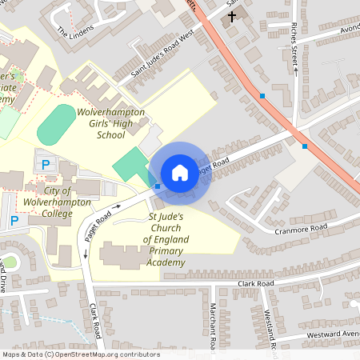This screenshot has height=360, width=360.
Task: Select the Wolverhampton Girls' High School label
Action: (x=110, y=125)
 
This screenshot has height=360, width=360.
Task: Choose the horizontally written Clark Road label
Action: (x=255, y=283)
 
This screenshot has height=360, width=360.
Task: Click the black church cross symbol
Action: (x=233, y=16)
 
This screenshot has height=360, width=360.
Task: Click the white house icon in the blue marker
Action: (x=179, y=173)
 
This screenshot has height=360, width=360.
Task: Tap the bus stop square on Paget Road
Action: (x=157, y=187)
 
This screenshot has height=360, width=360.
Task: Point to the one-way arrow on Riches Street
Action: (x=295, y=70)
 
